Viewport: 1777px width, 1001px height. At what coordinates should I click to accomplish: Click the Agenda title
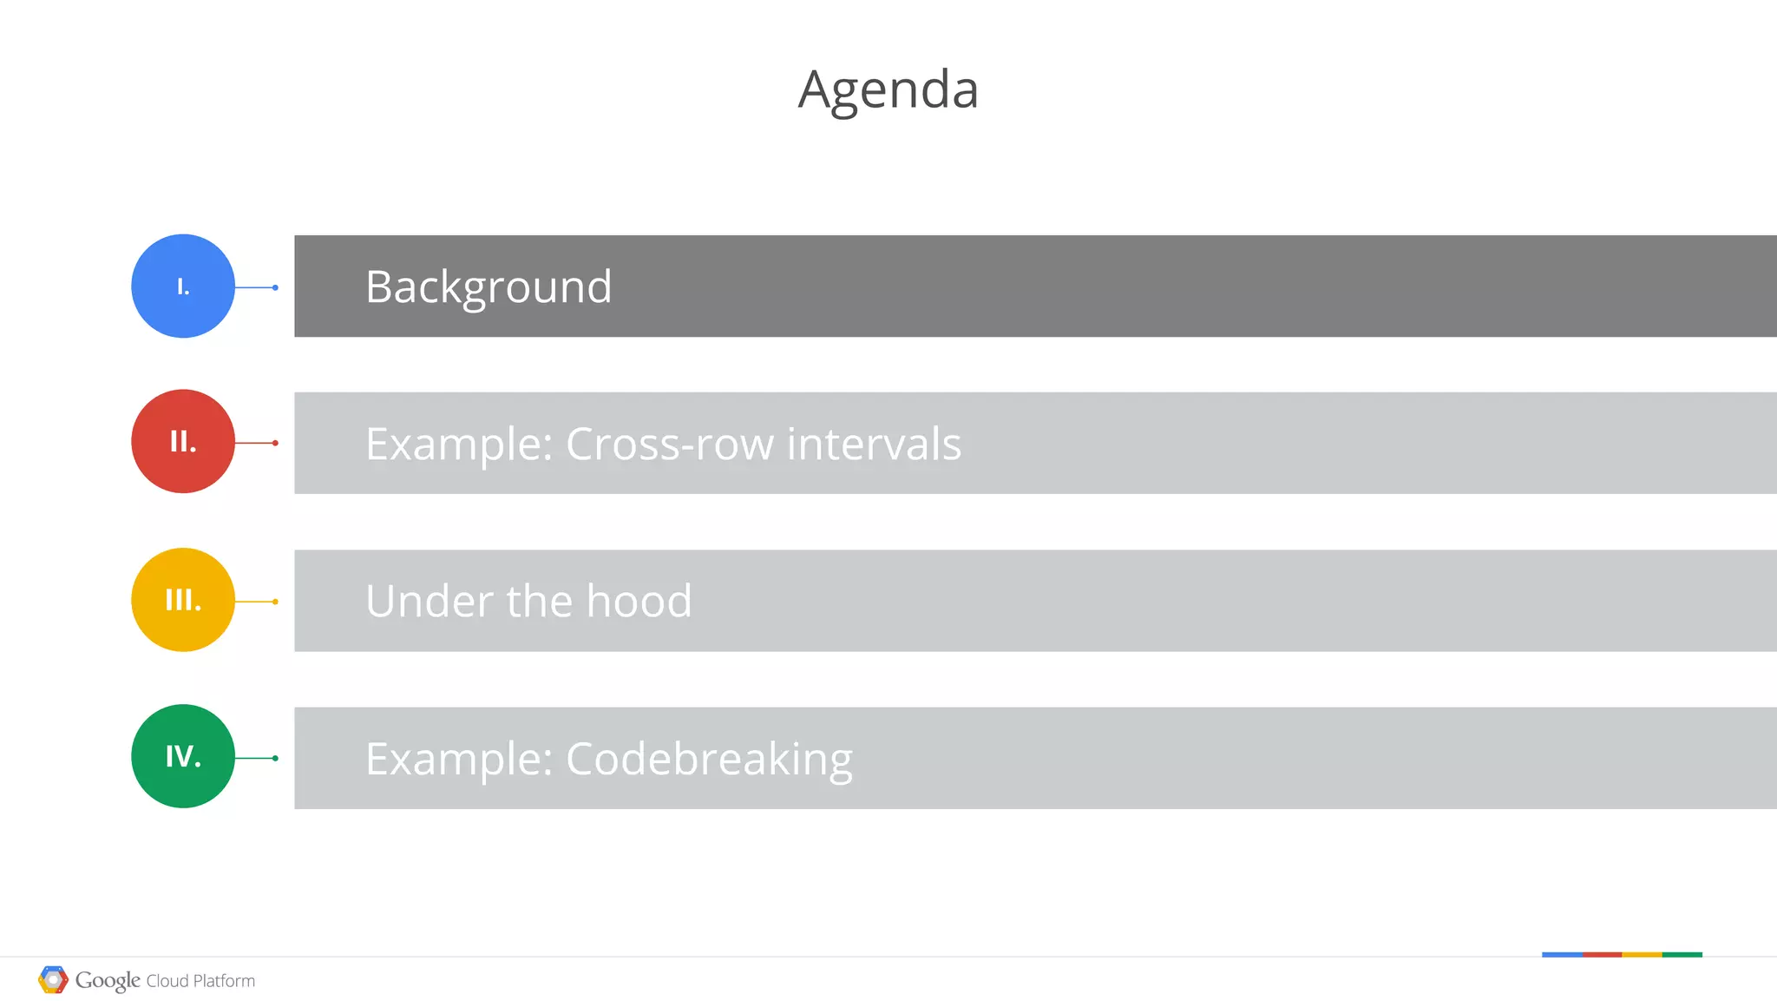[888, 89]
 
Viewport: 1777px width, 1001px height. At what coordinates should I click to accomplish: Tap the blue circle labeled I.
[183, 286]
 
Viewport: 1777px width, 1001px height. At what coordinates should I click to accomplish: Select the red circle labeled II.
[183, 441]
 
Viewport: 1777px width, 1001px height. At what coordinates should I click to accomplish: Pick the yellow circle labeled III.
[183, 600]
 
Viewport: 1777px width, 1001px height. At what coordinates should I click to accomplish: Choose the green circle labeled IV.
[183, 756]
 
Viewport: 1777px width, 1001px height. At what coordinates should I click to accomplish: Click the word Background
[489, 286]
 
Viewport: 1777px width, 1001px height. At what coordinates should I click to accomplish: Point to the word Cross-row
[669, 444]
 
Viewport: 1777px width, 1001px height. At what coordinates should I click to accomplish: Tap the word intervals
[874, 444]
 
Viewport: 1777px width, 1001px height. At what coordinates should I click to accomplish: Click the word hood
[639, 601]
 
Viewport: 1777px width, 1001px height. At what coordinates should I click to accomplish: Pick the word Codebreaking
[709, 759]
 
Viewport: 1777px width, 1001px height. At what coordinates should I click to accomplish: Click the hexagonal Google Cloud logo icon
[53, 979]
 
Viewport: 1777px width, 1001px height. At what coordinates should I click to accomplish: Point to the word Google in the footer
[108, 980]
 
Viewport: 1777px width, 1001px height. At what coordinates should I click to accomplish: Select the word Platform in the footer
[224, 981]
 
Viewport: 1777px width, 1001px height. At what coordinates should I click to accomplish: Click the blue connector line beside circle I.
[256, 287]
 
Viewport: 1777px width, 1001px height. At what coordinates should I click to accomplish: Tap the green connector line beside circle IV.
[256, 758]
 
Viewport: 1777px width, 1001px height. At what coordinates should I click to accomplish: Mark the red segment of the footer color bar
[1602, 954]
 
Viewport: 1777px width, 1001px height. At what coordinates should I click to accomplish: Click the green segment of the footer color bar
[1682, 954]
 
